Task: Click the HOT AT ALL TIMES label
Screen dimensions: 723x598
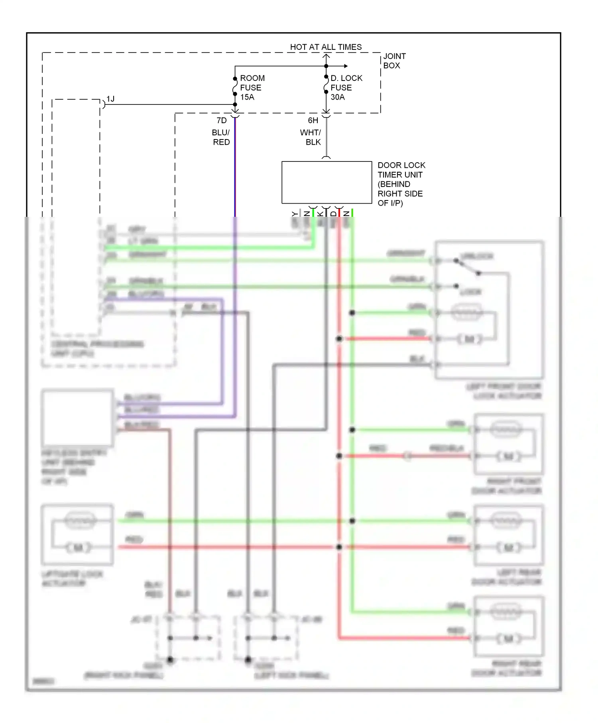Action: [326, 47]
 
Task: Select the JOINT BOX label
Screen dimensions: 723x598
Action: [394, 61]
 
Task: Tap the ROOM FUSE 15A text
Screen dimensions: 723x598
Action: [252, 88]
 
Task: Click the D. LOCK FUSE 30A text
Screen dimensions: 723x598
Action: [346, 88]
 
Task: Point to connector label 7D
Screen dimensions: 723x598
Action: [222, 120]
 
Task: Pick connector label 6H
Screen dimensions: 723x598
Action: [313, 120]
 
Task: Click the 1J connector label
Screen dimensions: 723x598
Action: [110, 99]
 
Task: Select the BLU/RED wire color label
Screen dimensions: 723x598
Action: [221, 138]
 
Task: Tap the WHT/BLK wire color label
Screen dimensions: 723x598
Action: [311, 138]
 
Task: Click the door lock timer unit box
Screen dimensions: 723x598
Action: [327, 183]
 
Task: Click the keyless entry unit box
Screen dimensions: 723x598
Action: [77, 418]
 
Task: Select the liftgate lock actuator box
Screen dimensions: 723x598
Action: [77, 534]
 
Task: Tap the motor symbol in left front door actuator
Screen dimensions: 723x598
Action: [469, 339]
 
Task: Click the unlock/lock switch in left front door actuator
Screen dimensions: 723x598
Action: [467, 267]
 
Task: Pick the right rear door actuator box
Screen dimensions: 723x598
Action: [509, 626]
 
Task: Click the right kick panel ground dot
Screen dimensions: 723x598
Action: [170, 660]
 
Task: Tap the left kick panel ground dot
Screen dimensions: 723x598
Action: [248, 660]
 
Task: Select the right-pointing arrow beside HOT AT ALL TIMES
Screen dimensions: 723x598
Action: [345, 66]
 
